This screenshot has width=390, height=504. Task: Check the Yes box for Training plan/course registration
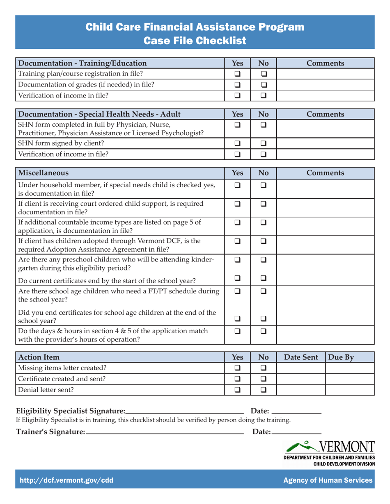click(238, 74)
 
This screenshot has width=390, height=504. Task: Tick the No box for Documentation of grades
click(264, 85)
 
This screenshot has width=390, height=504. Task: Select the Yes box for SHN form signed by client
click(238, 143)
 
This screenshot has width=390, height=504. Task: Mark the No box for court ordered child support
click(264, 204)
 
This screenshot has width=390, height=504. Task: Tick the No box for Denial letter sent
click(264, 390)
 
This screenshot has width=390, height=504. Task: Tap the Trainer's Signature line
click(165, 434)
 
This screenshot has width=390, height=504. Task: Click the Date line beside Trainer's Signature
click(296, 434)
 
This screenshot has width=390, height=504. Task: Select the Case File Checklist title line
click(195, 41)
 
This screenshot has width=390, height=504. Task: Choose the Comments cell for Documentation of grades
click(325, 85)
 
